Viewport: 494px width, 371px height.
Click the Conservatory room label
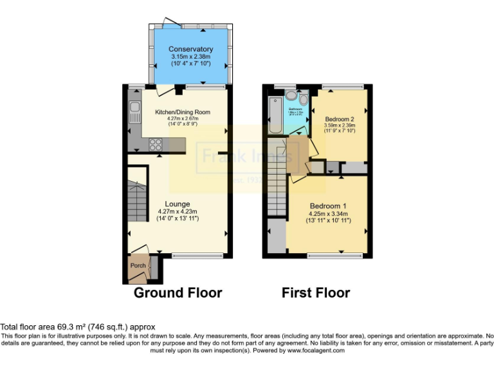coord(190,49)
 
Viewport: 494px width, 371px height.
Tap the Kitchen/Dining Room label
coord(183,111)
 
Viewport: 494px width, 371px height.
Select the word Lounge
coord(177,204)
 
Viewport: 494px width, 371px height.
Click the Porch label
coord(138,265)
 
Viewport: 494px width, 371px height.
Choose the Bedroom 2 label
coord(339,119)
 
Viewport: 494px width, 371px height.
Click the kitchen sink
coord(135,113)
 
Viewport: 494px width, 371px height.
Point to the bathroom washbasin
coord(291,97)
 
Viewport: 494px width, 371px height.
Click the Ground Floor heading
coord(178,293)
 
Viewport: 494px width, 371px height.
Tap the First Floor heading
coord(316,293)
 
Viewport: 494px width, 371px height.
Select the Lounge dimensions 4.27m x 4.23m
coord(177,211)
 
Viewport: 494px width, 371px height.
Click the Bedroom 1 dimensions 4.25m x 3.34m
coord(327,214)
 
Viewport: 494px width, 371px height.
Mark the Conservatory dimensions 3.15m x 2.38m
coord(190,56)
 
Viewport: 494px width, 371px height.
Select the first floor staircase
coord(277,187)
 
